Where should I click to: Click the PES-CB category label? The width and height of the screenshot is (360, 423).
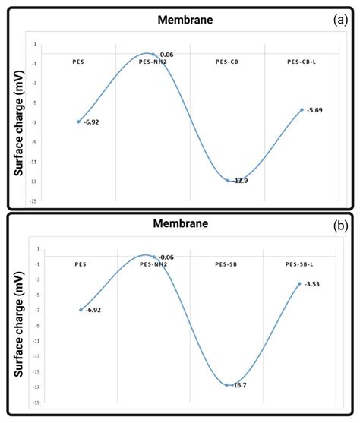(227, 61)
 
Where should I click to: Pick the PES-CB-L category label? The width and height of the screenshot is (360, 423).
(302, 61)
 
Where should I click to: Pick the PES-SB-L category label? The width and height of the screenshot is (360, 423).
(301, 264)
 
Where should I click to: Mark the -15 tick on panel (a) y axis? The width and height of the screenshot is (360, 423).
(32, 200)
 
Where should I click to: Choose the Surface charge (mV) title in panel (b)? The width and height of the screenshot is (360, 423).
(18, 325)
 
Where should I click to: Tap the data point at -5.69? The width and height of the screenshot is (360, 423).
(302, 109)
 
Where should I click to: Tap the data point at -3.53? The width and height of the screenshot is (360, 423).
(300, 283)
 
